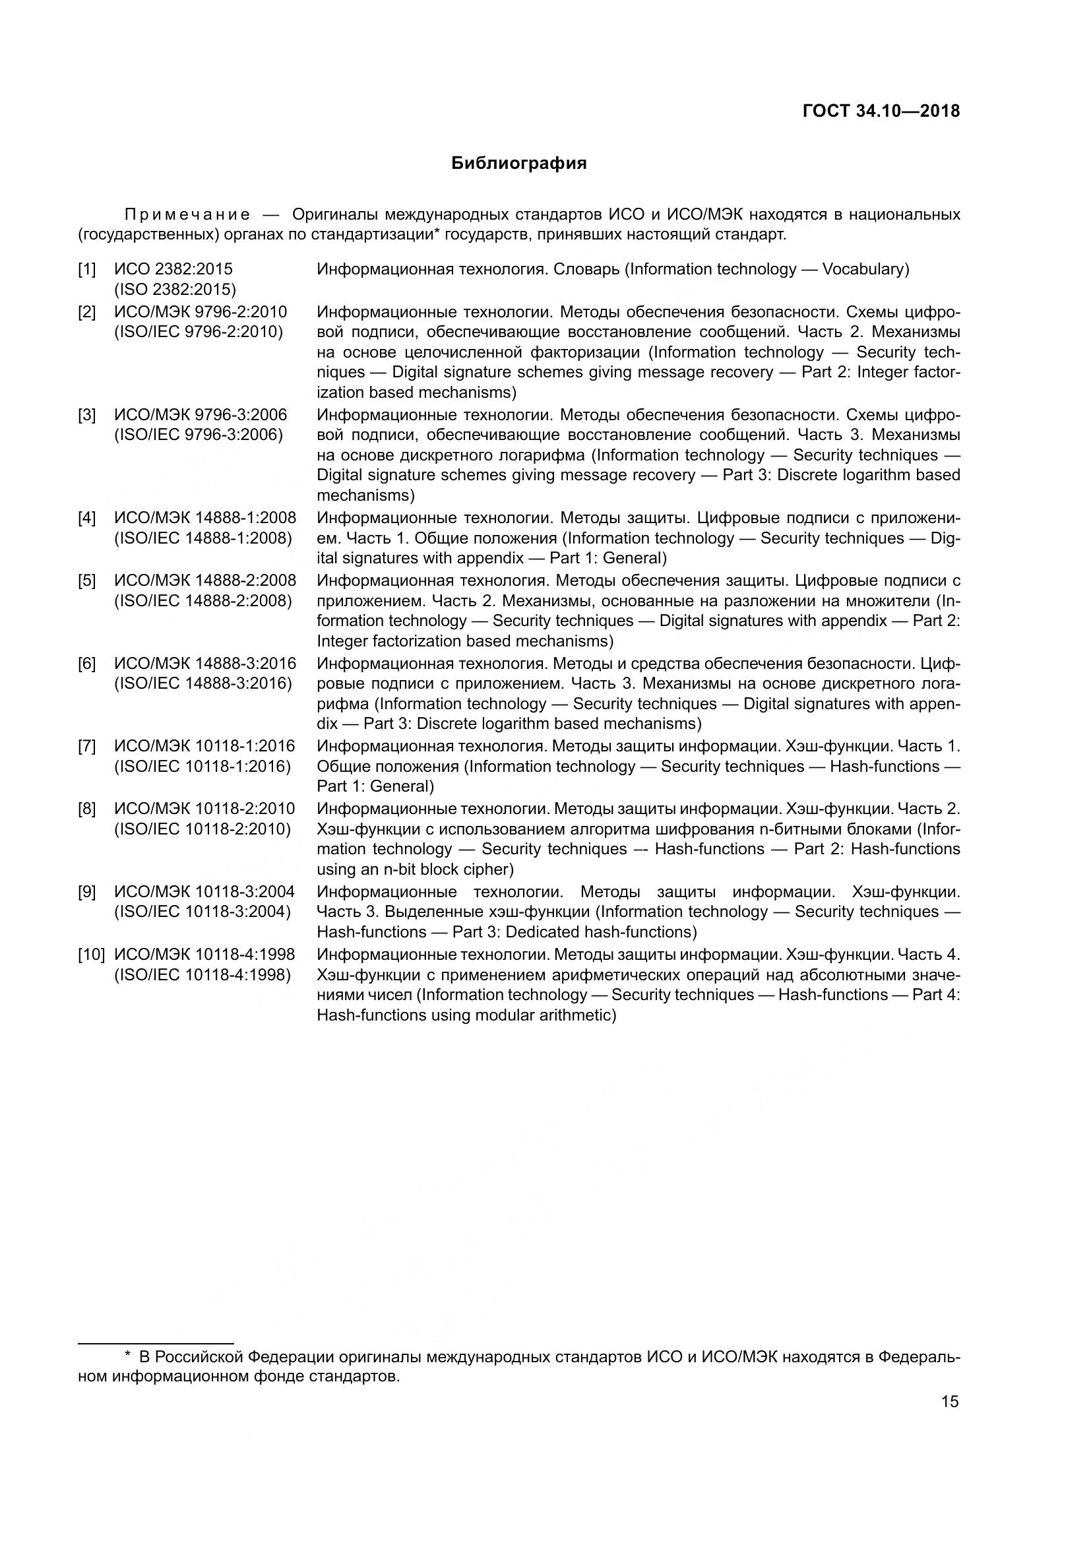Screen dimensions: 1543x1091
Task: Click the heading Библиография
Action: point(518,164)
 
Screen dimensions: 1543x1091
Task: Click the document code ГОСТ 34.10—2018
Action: point(881,111)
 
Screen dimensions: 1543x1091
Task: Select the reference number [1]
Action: point(86,270)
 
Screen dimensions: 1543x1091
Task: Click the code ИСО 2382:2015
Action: point(173,270)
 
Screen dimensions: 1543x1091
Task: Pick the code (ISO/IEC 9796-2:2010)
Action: point(199,332)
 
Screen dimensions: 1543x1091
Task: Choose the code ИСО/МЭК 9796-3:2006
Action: point(201,415)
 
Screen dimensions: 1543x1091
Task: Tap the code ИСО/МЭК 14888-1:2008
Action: point(205,518)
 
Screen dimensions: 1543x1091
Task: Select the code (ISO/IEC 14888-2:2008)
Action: point(204,601)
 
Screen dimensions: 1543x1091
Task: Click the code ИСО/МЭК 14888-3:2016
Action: point(205,664)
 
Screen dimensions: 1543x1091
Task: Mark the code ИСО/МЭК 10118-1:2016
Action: point(204,746)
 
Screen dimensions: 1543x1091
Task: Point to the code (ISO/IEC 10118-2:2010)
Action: point(203,829)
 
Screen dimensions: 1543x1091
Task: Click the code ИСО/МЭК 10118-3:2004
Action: point(204,892)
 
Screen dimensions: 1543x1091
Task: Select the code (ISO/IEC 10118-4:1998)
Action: point(203,974)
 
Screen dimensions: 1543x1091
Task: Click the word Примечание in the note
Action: point(187,215)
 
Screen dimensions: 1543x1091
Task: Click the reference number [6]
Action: point(86,664)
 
